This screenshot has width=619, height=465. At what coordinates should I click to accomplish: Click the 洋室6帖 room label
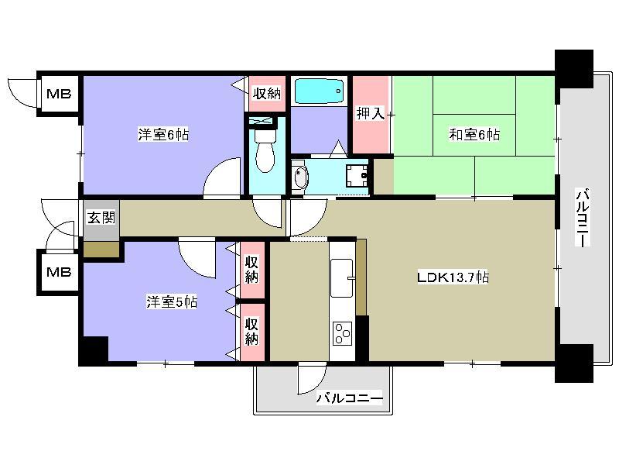[163, 134]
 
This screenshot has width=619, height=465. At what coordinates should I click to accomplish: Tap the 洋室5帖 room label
[172, 301]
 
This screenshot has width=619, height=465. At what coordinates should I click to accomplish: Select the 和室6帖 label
[474, 134]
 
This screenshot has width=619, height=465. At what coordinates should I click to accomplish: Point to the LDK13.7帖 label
[453, 277]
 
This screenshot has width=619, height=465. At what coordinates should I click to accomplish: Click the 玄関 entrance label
[101, 217]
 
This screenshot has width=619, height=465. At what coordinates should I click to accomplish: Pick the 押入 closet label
[371, 113]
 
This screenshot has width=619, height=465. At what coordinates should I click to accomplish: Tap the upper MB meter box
[60, 94]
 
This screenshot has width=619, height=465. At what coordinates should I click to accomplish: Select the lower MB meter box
[60, 272]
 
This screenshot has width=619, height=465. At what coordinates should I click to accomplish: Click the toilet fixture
[265, 150]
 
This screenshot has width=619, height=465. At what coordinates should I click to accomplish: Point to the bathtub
[319, 91]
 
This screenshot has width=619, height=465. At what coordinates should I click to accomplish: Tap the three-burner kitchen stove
[342, 334]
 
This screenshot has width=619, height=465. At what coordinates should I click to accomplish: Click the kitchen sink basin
[341, 278]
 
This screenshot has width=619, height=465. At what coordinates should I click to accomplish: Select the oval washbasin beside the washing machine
[300, 177]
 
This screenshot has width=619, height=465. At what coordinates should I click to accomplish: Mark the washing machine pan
[357, 175]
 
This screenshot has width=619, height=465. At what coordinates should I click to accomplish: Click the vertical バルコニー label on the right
[583, 218]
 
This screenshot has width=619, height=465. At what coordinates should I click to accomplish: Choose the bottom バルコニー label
[350, 398]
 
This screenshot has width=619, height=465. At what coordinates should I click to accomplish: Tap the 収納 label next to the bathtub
[267, 94]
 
